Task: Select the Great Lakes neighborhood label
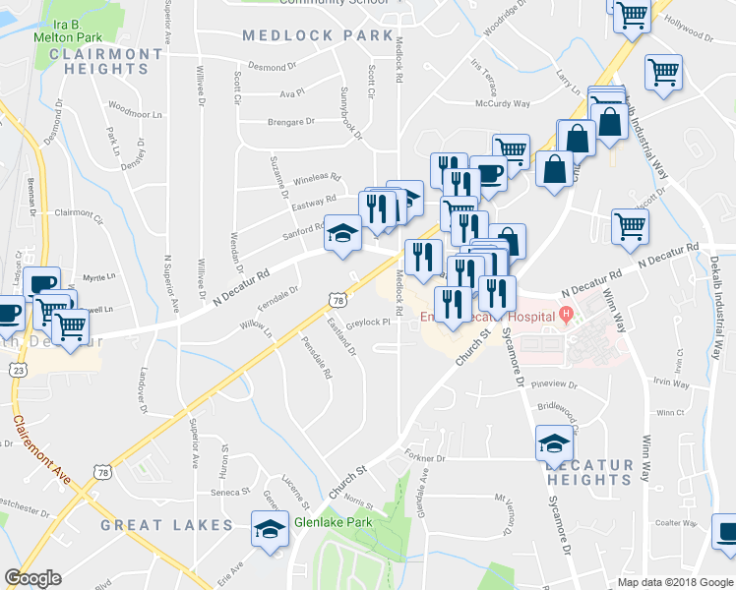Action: [166, 525]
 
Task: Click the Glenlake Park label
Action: [332, 522]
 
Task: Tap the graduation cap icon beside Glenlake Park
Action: [268, 529]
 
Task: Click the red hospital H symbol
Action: [565, 315]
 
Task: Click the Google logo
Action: [32, 577]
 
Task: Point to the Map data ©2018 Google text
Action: [674, 582]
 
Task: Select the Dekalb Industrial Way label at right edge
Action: [716, 296]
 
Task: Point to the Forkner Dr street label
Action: [424, 457]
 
